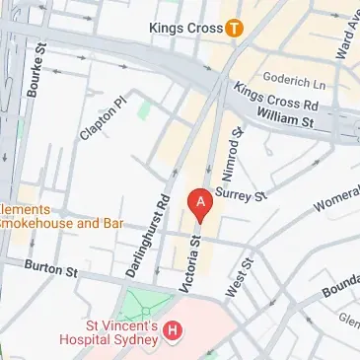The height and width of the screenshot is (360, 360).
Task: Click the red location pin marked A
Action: tap(201, 204)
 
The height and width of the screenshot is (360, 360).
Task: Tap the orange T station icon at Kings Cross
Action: tap(234, 29)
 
